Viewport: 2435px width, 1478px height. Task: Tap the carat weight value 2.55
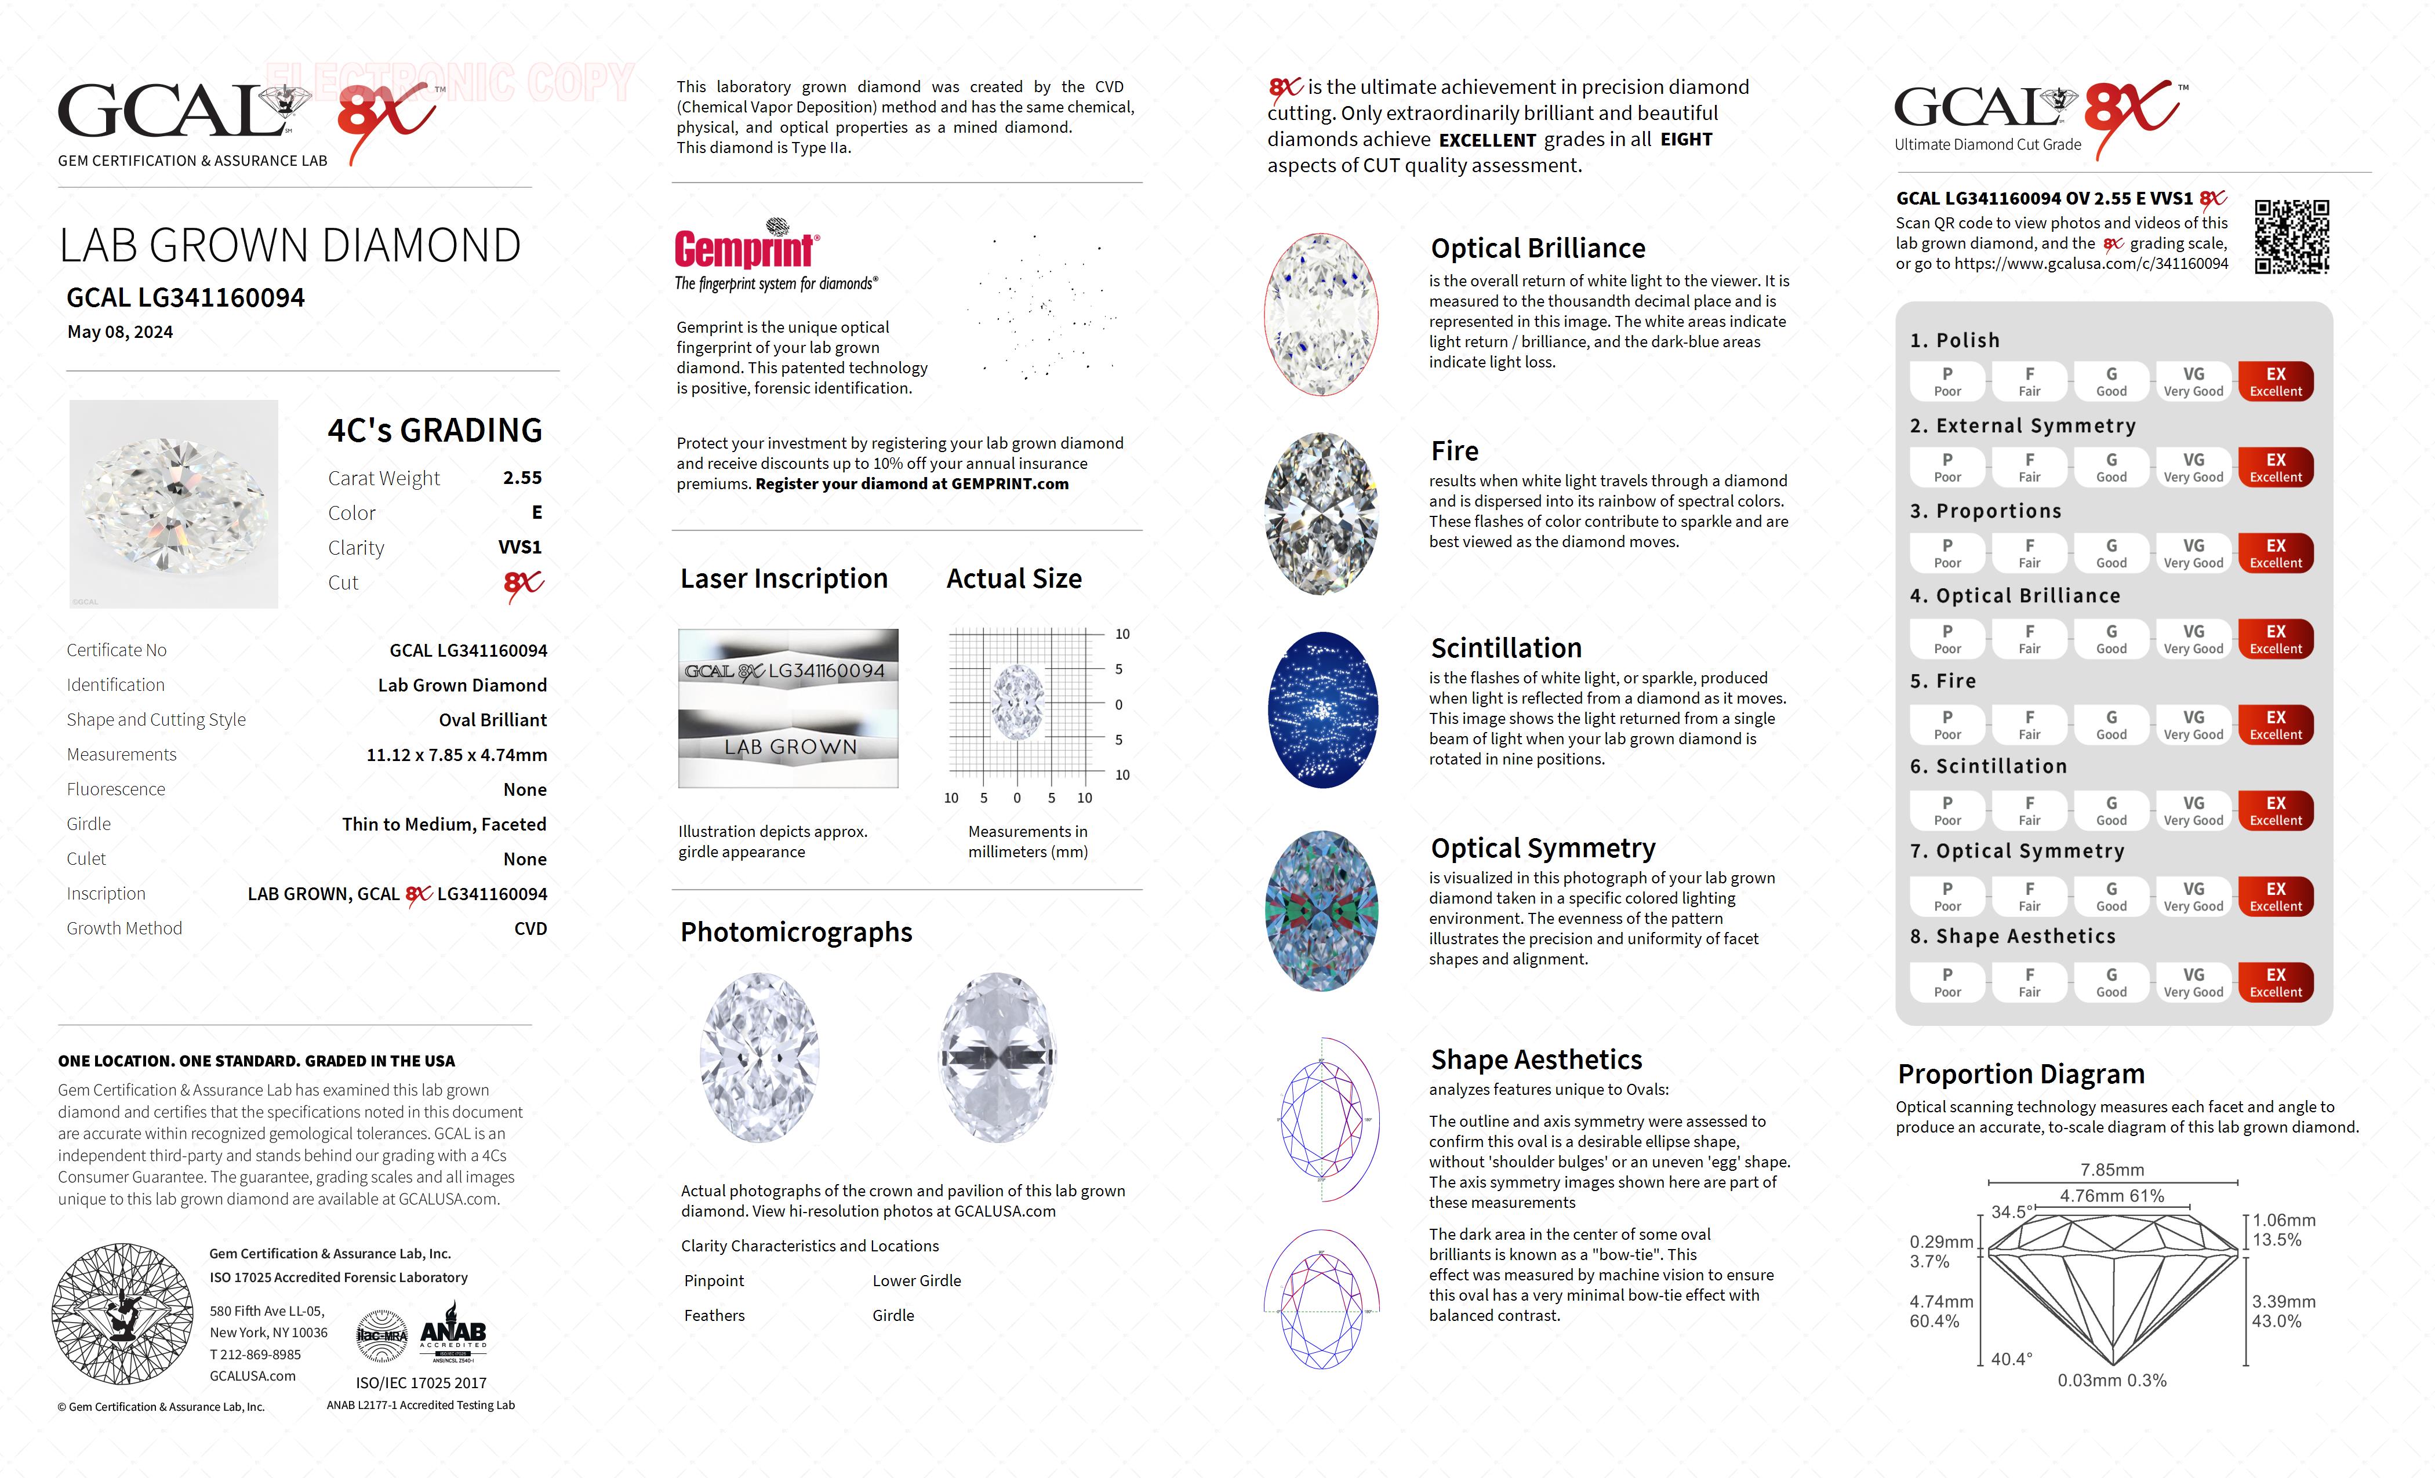(x=522, y=477)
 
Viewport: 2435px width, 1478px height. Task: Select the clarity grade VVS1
(x=520, y=547)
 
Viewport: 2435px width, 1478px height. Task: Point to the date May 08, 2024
(x=119, y=332)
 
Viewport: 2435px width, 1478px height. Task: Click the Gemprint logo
(x=746, y=247)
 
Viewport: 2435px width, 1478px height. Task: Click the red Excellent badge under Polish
(x=2275, y=381)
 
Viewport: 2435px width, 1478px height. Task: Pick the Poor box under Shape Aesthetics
(x=1947, y=982)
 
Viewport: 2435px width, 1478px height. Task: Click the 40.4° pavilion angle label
(x=2011, y=1359)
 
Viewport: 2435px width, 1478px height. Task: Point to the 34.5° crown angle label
(x=2011, y=1211)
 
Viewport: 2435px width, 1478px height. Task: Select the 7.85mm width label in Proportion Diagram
(x=2112, y=1170)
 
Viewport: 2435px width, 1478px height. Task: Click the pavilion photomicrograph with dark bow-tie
(x=997, y=1057)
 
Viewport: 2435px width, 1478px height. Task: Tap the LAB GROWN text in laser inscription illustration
(x=790, y=747)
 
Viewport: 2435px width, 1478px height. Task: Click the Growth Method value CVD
(x=530, y=929)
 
